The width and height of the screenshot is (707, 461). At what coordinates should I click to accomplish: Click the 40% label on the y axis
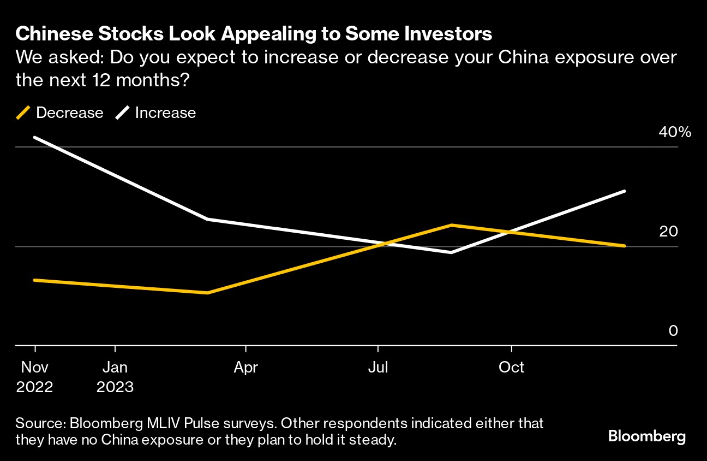coord(675,132)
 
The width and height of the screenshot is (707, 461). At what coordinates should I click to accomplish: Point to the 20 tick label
coord(668,232)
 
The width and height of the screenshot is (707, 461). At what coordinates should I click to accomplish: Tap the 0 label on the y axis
coord(673,331)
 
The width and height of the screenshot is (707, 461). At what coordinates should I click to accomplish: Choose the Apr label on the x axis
coord(245,368)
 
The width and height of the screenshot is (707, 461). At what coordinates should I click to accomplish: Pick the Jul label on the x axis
coord(378,368)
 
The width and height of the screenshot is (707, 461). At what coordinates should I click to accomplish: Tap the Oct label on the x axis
coord(511,368)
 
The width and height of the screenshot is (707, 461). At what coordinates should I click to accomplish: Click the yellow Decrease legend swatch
coord(23,113)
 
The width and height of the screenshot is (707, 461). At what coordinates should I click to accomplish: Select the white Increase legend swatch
coord(122,113)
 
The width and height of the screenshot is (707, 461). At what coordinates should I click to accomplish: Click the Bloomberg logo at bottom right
coord(646,436)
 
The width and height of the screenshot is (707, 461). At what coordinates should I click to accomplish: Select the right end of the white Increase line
coord(625,191)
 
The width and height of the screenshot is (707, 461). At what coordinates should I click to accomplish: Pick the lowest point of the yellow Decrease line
coord(208,293)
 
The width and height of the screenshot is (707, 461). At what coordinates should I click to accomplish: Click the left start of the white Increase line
coord(35,137)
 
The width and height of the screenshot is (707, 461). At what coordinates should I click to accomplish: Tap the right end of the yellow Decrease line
coord(625,246)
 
